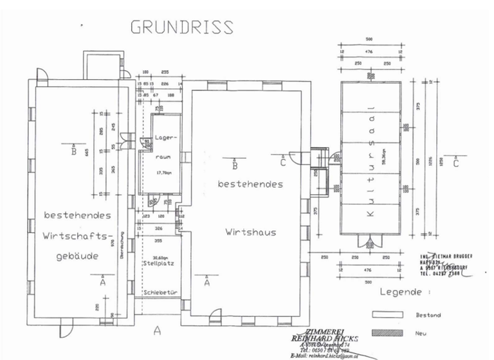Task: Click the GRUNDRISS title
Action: (182, 27)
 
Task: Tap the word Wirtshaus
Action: (250, 232)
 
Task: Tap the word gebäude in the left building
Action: (75, 255)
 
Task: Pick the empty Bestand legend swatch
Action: (387, 314)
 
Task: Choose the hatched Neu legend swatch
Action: (387, 332)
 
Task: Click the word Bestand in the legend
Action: (429, 315)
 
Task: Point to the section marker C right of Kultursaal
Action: (455, 163)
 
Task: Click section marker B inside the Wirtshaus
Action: (235, 165)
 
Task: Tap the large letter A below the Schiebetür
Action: (156, 331)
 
